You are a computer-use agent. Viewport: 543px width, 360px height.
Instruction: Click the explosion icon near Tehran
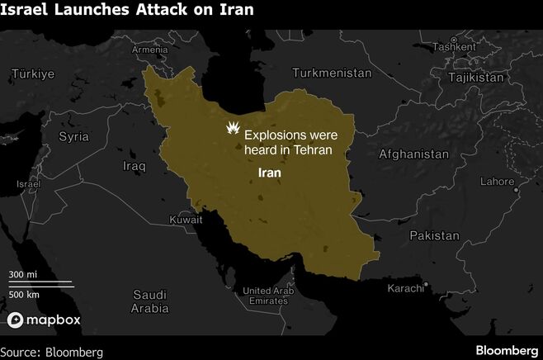(x=234, y=130)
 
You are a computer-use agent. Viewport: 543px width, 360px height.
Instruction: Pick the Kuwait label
(x=185, y=220)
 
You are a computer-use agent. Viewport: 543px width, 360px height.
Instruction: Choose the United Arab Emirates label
(x=267, y=295)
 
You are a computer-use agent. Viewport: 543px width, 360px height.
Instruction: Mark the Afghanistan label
(x=413, y=154)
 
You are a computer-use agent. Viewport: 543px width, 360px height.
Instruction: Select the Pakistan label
(x=433, y=235)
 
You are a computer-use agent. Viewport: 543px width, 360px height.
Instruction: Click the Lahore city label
(x=496, y=181)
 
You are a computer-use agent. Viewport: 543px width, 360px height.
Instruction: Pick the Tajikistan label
(x=475, y=77)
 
